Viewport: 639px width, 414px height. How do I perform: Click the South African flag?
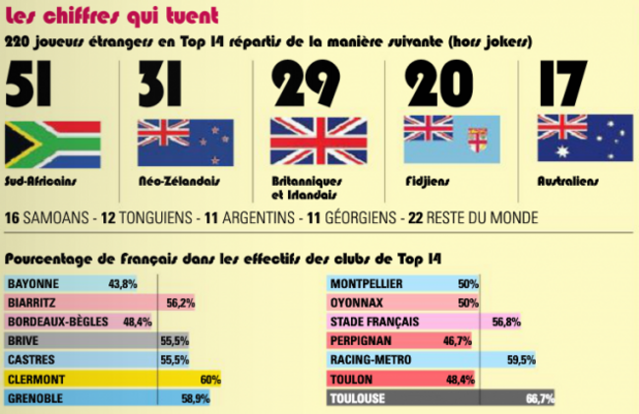click(52, 145)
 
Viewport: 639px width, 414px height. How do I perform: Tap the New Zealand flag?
click(186, 143)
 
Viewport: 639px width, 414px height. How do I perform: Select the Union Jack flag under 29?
click(319, 141)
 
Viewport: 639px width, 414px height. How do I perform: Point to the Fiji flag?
click(452, 140)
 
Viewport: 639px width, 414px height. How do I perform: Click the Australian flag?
click(585, 138)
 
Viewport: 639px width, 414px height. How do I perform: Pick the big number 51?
click(29, 84)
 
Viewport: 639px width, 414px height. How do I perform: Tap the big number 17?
click(563, 83)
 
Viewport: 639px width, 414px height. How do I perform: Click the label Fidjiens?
click(428, 181)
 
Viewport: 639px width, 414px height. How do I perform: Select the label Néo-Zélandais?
click(179, 181)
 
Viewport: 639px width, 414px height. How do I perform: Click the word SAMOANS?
click(56, 217)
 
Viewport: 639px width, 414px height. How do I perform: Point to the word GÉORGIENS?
click(360, 217)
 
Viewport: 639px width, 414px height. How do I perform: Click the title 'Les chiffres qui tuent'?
click(112, 16)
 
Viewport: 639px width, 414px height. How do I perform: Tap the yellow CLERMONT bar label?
click(36, 380)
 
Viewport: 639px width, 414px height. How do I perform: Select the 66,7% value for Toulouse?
click(540, 398)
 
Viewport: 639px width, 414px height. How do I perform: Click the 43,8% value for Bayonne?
click(123, 284)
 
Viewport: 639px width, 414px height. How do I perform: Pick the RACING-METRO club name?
click(371, 360)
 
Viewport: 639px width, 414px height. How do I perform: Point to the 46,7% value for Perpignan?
click(457, 340)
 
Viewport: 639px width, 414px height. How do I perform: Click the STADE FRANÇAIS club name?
click(375, 322)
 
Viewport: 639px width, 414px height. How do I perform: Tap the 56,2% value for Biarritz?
click(181, 303)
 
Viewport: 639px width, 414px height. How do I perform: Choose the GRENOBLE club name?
click(35, 398)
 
